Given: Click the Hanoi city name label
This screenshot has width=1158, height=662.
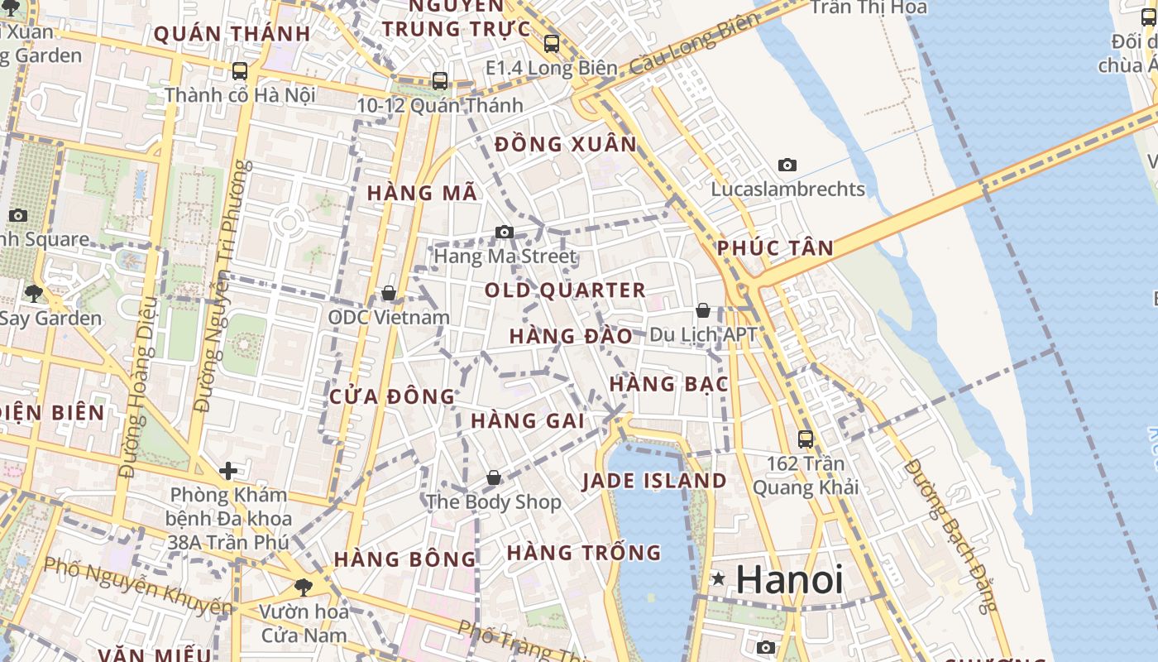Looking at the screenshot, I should point(789,579).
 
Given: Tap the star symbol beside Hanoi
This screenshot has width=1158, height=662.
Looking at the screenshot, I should point(718,579).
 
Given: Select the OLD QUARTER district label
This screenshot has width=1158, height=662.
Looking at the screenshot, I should point(565,290).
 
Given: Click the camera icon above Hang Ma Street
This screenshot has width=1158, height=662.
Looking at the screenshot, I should point(505,233).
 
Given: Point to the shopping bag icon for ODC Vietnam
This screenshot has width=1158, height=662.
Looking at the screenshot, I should point(389,294).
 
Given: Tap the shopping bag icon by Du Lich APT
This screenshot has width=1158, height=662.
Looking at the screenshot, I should point(703,311).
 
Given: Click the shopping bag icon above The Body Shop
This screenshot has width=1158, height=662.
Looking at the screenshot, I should point(494,478).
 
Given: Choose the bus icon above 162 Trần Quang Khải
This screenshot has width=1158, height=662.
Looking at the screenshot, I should point(806,439).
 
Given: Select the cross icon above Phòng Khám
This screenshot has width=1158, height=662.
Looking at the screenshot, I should point(227,472).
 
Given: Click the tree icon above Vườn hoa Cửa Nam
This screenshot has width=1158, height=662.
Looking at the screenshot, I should point(304,588).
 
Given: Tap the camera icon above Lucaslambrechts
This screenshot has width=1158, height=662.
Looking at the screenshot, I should point(787,165).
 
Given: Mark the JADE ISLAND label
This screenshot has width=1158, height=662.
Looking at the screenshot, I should point(654,481).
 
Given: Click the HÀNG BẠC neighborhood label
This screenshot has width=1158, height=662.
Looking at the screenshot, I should point(668,384).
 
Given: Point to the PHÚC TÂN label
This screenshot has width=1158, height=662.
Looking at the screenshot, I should point(775,248).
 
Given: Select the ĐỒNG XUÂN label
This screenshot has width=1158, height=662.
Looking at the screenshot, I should point(566,145).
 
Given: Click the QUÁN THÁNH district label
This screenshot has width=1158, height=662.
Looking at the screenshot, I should point(232,34).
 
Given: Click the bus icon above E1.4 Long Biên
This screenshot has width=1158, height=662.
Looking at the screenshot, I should point(552,44).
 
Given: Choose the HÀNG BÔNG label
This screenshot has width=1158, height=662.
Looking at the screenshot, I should point(405,559).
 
